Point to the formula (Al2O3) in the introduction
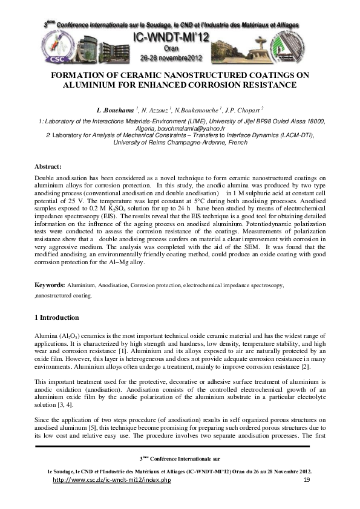pyautogui.click(x=67, y=334)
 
